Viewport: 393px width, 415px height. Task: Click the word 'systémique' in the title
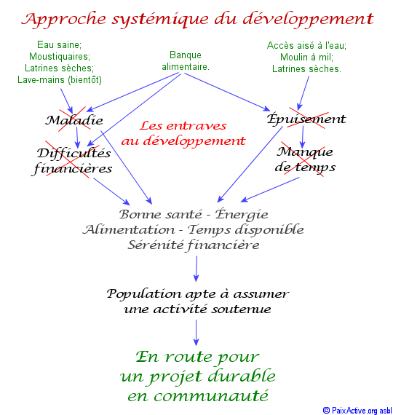pyautogui.click(x=159, y=20)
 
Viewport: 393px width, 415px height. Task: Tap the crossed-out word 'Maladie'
pyautogui.click(x=74, y=120)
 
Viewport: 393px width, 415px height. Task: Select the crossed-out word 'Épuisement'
pyautogui.click(x=306, y=119)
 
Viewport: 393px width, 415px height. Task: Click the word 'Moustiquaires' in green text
pyautogui.click(x=60, y=56)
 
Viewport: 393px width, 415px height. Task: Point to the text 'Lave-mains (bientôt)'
pyautogui.click(x=60, y=79)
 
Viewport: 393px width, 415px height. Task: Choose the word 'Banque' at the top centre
pyautogui.click(x=186, y=55)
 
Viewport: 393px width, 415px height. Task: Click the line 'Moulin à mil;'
pyautogui.click(x=306, y=58)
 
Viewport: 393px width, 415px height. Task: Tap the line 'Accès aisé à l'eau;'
pyautogui.click(x=306, y=46)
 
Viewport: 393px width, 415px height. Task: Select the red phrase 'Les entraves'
pyautogui.click(x=183, y=125)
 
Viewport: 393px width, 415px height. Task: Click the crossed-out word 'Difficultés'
pyautogui.click(x=74, y=153)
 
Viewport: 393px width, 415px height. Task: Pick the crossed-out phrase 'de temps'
pyautogui.click(x=305, y=167)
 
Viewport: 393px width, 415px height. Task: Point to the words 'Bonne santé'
pyautogui.click(x=161, y=214)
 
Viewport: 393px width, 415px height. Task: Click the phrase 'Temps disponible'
pyautogui.click(x=245, y=229)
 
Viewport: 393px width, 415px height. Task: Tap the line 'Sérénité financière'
pyautogui.click(x=194, y=245)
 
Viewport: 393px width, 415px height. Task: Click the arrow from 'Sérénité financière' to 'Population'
pyautogui.click(x=196, y=269)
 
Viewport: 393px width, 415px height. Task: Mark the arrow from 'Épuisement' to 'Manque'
pyautogui.click(x=303, y=138)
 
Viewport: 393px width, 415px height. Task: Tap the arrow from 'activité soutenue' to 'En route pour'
pyautogui.click(x=196, y=333)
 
